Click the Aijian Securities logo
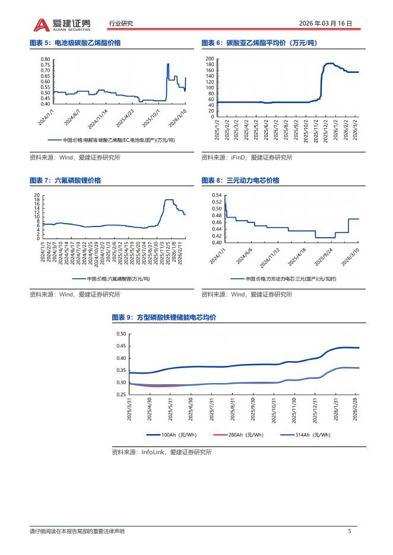pos(62,24)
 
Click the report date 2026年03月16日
pos(324,24)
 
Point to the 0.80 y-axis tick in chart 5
pos(46,59)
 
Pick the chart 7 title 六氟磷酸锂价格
pos(77,180)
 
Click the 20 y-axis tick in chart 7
pos(37,195)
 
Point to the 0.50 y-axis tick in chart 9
pos(121,334)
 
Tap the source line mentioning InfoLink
pos(161,452)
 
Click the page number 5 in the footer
pos(350,531)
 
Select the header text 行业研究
pos(121,24)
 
